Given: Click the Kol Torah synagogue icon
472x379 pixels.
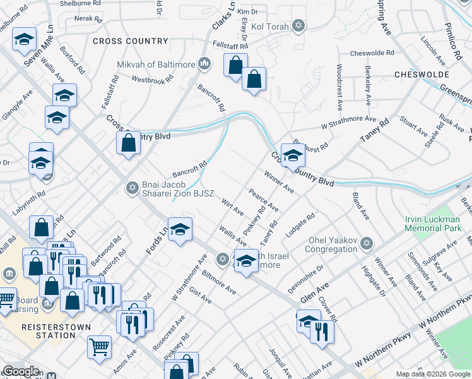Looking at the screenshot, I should click(298, 26).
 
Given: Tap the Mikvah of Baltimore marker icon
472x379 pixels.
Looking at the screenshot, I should click(204, 64).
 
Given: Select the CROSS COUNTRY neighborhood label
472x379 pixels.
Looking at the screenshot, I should click(131, 42).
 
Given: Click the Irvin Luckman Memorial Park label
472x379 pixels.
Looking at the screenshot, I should click(433, 223).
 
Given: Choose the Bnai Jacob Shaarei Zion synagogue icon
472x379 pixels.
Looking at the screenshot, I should click(133, 187).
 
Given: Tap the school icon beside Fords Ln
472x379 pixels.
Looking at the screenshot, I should click(180, 229).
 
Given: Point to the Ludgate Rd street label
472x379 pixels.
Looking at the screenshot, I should click(300, 226).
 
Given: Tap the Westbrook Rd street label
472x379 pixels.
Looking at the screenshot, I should click(152, 80).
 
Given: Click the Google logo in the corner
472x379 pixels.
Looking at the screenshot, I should click(21, 372).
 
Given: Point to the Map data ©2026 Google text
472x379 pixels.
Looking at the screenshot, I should click(432, 374).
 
